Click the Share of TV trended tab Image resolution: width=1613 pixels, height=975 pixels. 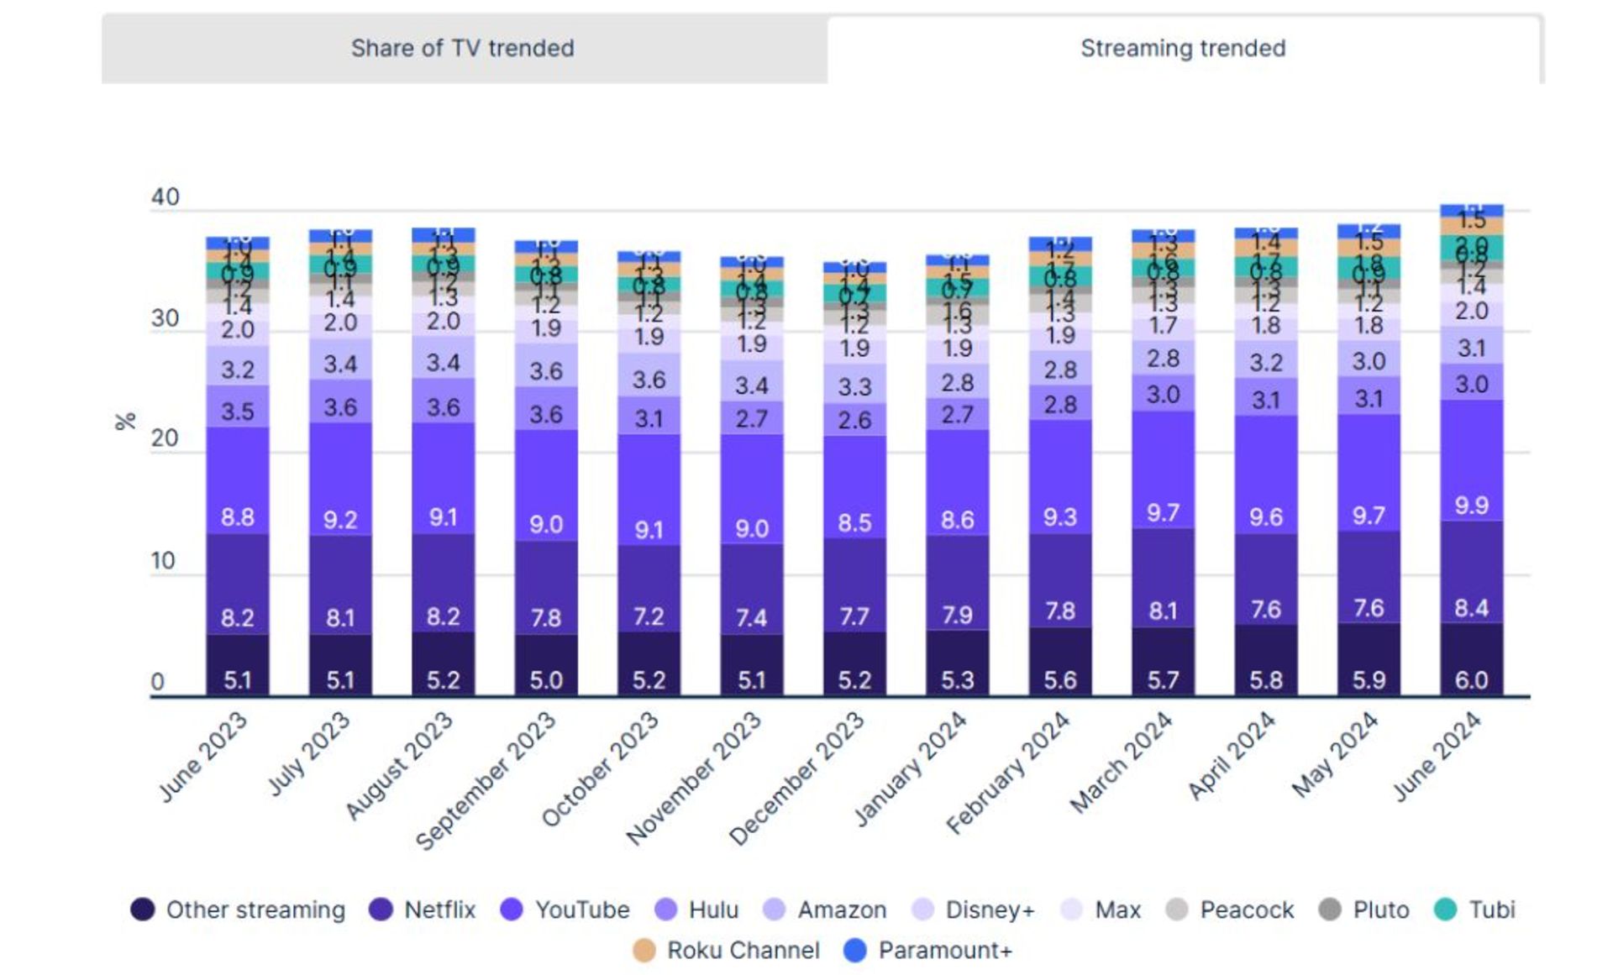(463, 49)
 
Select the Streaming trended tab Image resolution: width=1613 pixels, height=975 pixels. (1182, 49)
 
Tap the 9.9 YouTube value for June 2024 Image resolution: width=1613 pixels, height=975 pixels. (1471, 506)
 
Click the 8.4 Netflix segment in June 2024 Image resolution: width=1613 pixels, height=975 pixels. (1471, 607)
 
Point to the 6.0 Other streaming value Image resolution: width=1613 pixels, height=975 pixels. (1471, 679)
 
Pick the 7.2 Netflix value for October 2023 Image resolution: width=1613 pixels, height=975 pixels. (649, 617)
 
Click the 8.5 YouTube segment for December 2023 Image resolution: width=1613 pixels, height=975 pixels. (854, 523)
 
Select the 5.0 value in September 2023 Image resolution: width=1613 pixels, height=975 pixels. (546, 679)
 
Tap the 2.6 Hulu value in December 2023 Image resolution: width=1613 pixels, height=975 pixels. (854, 420)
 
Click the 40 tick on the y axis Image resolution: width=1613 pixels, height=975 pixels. (165, 197)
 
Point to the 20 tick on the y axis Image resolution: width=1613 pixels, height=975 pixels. (165, 438)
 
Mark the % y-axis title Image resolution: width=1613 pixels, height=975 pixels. (125, 422)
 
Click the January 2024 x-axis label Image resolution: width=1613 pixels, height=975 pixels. (911, 768)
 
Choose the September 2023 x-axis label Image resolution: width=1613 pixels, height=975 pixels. (486, 780)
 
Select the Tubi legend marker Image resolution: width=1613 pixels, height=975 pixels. (1446, 909)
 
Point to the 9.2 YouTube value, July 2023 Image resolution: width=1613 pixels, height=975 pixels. (340, 520)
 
